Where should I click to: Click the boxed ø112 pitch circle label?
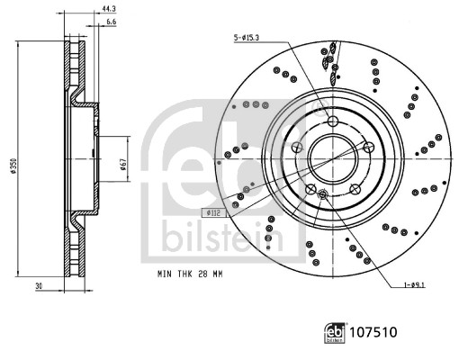[x=213, y=213]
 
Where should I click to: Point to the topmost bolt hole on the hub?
[x=332, y=122]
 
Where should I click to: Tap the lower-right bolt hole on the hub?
[x=355, y=190]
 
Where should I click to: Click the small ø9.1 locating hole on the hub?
[x=322, y=193]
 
